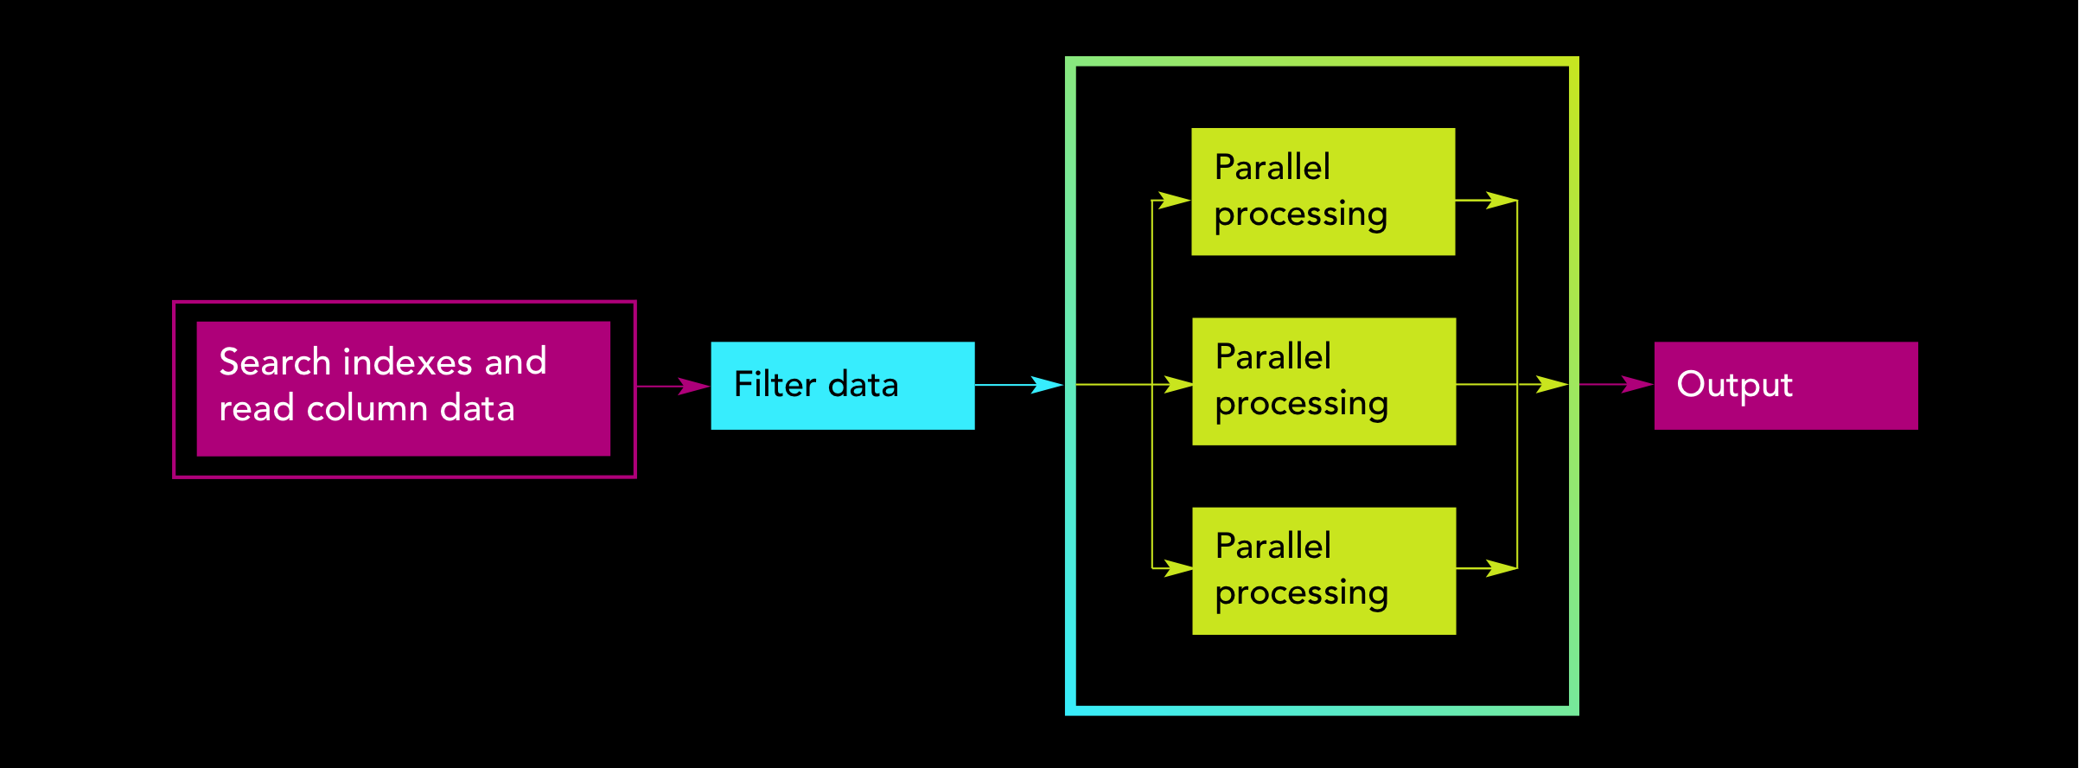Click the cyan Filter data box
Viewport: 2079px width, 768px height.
pos(842,386)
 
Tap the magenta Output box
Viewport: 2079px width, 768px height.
pos(1785,386)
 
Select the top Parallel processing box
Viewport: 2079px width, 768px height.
pos(1323,191)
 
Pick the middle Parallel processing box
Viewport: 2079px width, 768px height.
pos(1323,381)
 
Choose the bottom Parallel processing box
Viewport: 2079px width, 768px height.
pos(1323,571)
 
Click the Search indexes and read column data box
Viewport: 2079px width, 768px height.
pos(403,388)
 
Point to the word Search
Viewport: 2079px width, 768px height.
pos(275,362)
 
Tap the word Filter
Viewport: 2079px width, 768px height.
pos(775,385)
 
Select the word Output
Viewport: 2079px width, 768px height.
pos(1734,385)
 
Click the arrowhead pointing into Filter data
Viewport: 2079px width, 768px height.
pos(694,387)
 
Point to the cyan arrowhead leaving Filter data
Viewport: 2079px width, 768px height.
pos(1047,385)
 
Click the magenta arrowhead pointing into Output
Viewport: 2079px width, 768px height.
pos(1637,384)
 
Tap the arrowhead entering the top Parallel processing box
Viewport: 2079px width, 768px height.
pos(1174,201)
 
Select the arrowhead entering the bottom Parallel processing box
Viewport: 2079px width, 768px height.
pos(1177,568)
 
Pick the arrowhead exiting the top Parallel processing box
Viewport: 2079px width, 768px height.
pos(1501,201)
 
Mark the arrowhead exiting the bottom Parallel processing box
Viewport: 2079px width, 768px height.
pos(1501,568)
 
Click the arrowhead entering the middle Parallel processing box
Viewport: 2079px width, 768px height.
pos(1177,384)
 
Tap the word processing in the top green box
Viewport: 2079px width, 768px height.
pos(1300,214)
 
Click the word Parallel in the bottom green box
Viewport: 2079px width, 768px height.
pos(1272,547)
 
